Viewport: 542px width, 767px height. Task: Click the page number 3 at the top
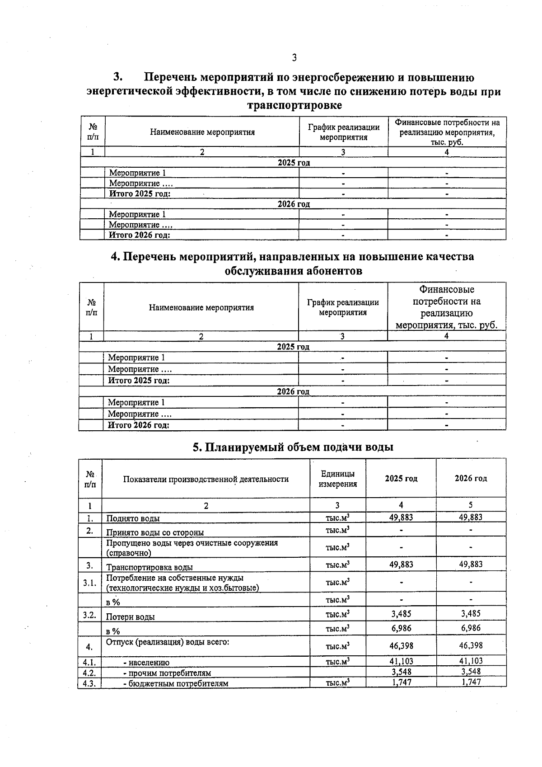pos(294,57)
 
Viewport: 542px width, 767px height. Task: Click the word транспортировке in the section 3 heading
pos(294,105)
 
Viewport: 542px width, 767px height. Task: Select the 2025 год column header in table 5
pos(401,479)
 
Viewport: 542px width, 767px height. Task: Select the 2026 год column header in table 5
pos(471,479)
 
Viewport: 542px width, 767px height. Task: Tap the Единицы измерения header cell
pos(337,479)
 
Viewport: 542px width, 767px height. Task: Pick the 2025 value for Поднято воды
pos(401,518)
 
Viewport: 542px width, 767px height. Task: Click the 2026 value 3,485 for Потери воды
pos(471,613)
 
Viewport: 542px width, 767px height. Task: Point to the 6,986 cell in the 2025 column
pos(401,628)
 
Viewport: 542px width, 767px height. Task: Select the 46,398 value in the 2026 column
pos(471,646)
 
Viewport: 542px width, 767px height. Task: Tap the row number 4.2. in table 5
pos(89,672)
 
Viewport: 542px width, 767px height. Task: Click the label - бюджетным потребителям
pos(176,683)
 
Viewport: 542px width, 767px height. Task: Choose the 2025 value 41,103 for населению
pos(401,661)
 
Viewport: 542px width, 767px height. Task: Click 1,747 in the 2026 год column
pos(471,682)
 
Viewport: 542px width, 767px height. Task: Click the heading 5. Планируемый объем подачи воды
pos(293,447)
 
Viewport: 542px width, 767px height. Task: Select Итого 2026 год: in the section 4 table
pos(138,425)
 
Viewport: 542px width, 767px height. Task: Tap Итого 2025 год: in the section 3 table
pos(140,193)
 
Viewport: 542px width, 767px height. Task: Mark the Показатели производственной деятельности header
pos(206,479)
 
